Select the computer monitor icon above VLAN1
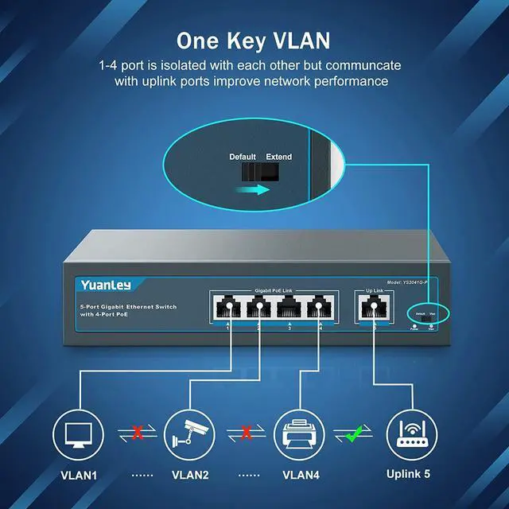click(78, 433)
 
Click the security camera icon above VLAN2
click(188, 433)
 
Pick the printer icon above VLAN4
click(299, 433)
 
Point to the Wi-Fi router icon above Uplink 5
click(410, 433)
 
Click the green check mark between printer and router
click(355, 433)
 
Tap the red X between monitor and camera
click(138, 433)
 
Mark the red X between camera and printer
click(247, 433)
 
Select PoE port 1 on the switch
click(229, 308)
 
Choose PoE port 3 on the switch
click(289, 308)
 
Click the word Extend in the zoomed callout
click(278, 157)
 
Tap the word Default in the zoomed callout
click(243, 157)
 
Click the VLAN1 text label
click(78, 476)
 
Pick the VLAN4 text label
click(300, 476)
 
